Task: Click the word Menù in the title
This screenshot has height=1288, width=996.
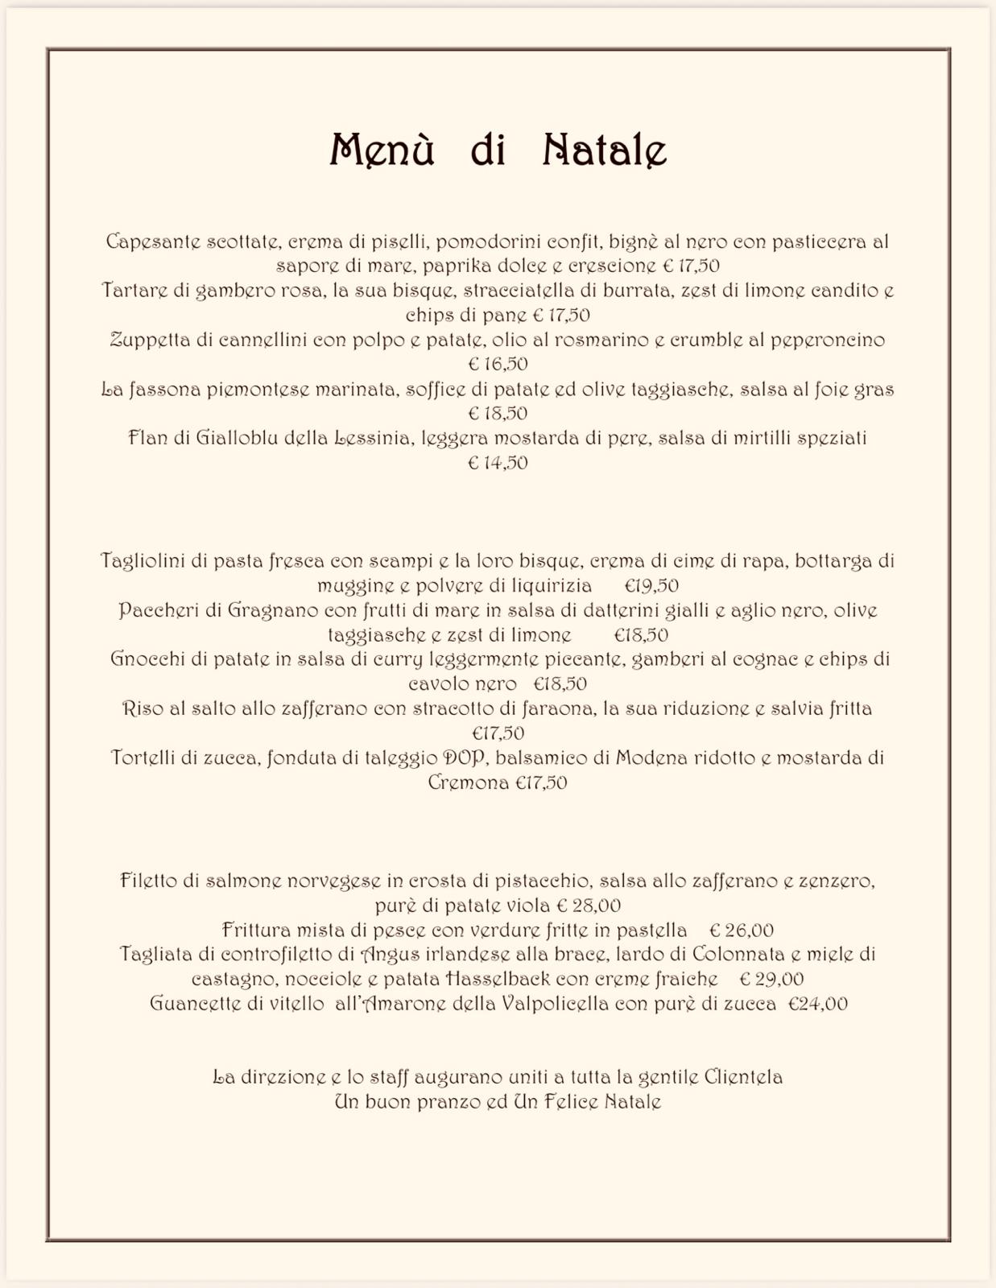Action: tap(382, 150)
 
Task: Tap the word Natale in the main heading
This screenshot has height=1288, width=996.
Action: tap(605, 150)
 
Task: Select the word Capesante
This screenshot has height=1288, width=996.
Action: tap(153, 242)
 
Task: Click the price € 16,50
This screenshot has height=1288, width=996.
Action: tap(498, 364)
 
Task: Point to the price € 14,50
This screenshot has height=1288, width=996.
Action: tap(498, 463)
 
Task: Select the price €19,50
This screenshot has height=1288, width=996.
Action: tap(651, 585)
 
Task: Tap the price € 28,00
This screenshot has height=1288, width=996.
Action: tap(588, 906)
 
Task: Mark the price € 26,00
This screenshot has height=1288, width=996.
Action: tap(741, 931)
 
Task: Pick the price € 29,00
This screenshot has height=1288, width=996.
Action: tap(771, 980)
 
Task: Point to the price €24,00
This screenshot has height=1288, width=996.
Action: tap(817, 1004)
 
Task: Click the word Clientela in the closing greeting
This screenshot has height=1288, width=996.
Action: tap(743, 1077)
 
